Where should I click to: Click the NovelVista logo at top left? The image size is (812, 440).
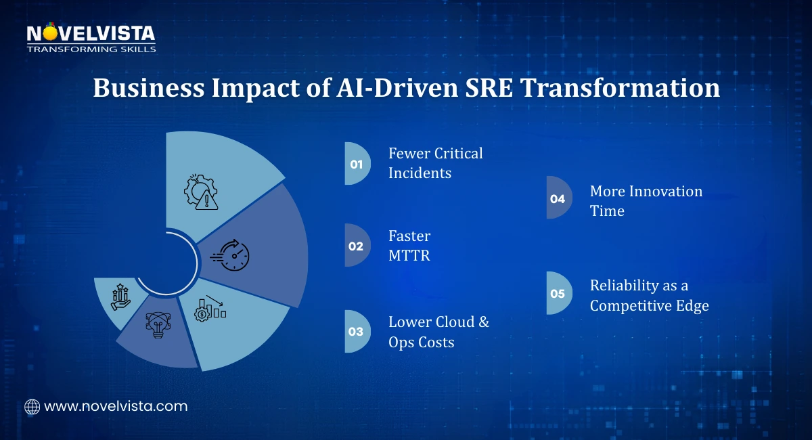91,37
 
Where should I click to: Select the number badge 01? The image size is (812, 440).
357,164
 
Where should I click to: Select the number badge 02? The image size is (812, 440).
356,246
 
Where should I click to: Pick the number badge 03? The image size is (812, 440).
356,332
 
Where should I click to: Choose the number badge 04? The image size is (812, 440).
558,198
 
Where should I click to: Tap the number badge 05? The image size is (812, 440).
558,294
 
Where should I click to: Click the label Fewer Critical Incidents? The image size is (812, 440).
435,163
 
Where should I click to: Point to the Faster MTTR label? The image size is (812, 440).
409,246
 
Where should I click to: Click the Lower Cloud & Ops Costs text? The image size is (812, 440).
438,332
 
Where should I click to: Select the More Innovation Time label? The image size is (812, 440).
646,201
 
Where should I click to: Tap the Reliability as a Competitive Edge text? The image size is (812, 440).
648,295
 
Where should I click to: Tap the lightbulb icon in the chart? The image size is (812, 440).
156,324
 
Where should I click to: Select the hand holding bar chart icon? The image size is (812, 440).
120,296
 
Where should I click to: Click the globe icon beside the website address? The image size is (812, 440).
32,407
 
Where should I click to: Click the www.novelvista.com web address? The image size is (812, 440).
115,407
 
